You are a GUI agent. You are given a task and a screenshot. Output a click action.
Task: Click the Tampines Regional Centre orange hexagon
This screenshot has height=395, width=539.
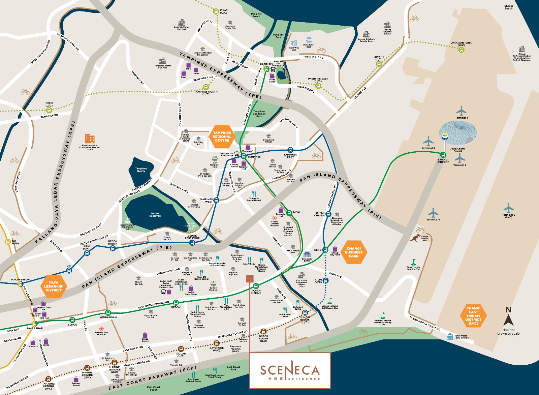[x=222, y=136]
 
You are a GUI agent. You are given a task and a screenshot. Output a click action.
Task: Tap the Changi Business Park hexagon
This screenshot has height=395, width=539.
[x=354, y=252]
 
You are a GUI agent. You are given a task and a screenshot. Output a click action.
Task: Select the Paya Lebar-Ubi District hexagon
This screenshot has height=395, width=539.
[x=54, y=286]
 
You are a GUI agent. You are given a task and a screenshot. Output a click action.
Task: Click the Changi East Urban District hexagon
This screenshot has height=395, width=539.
[x=473, y=316]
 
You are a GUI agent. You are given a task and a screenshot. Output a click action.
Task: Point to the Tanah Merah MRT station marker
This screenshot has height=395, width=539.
[x=256, y=286]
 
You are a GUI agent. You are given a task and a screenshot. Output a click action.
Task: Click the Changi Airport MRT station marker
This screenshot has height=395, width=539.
[x=443, y=155]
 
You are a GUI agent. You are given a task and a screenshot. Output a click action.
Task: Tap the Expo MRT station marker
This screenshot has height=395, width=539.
[x=325, y=250]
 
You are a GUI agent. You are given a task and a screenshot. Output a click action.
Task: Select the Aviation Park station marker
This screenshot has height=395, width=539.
[x=461, y=50]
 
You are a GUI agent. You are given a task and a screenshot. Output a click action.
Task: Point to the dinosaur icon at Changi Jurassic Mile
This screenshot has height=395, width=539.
[x=414, y=238]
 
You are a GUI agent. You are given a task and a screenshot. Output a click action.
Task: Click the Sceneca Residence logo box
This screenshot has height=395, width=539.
[x=290, y=370]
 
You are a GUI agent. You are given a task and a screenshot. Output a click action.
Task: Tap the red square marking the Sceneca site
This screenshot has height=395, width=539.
[x=250, y=278]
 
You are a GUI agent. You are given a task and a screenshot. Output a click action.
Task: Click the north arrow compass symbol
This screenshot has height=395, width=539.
[x=508, y=317]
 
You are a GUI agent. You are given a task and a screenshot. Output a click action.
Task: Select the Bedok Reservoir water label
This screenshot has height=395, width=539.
[x=155, y=215]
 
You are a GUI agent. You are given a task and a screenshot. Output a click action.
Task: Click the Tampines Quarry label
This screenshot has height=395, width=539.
[x=141, y=170]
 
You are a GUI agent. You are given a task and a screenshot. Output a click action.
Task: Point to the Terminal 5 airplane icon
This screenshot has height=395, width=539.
[x=508, y=208]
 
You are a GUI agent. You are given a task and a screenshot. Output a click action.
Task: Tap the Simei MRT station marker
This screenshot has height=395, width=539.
[x=289, y=213]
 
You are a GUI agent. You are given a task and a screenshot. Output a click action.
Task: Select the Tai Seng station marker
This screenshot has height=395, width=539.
[x=7, y=242]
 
